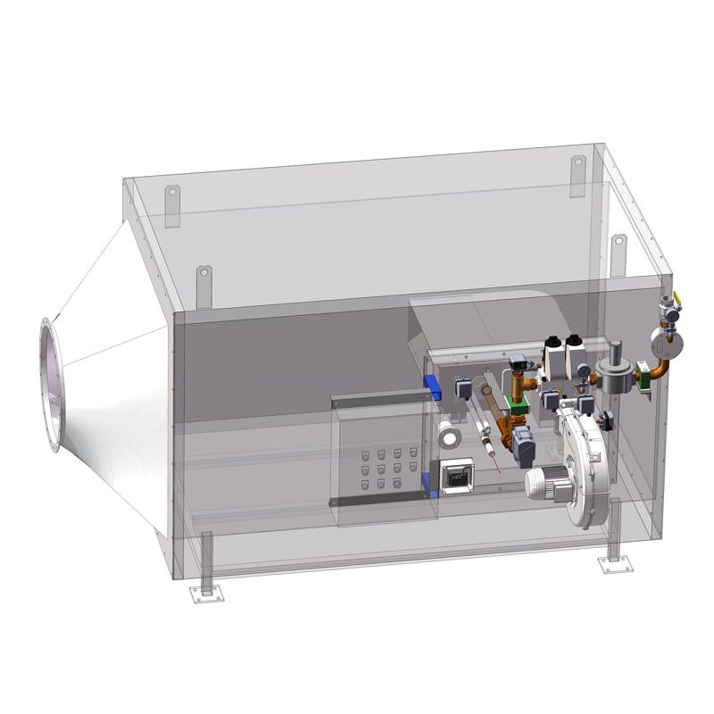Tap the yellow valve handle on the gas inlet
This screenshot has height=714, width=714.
[676, 300]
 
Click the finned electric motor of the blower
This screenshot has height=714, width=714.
[545, 483]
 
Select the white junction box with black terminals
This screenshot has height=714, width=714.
[458, 477]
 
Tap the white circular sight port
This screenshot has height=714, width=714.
[448, 435]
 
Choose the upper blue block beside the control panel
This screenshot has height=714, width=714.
[434, 386]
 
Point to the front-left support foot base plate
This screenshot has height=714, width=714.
[207, 595]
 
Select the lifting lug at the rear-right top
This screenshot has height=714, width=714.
[578, 175]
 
